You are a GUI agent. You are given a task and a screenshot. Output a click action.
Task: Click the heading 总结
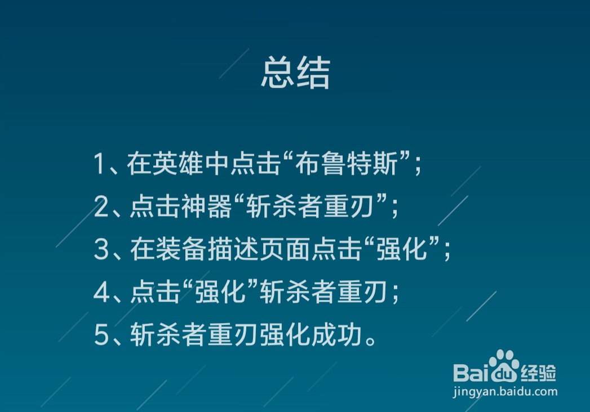tap(295, 74)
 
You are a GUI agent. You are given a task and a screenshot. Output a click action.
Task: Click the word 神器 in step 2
tap(214, 207)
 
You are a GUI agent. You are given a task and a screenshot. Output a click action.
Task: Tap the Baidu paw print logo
tap(503, 365)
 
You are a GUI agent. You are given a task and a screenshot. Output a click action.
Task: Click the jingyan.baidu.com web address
tap(505, 392)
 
